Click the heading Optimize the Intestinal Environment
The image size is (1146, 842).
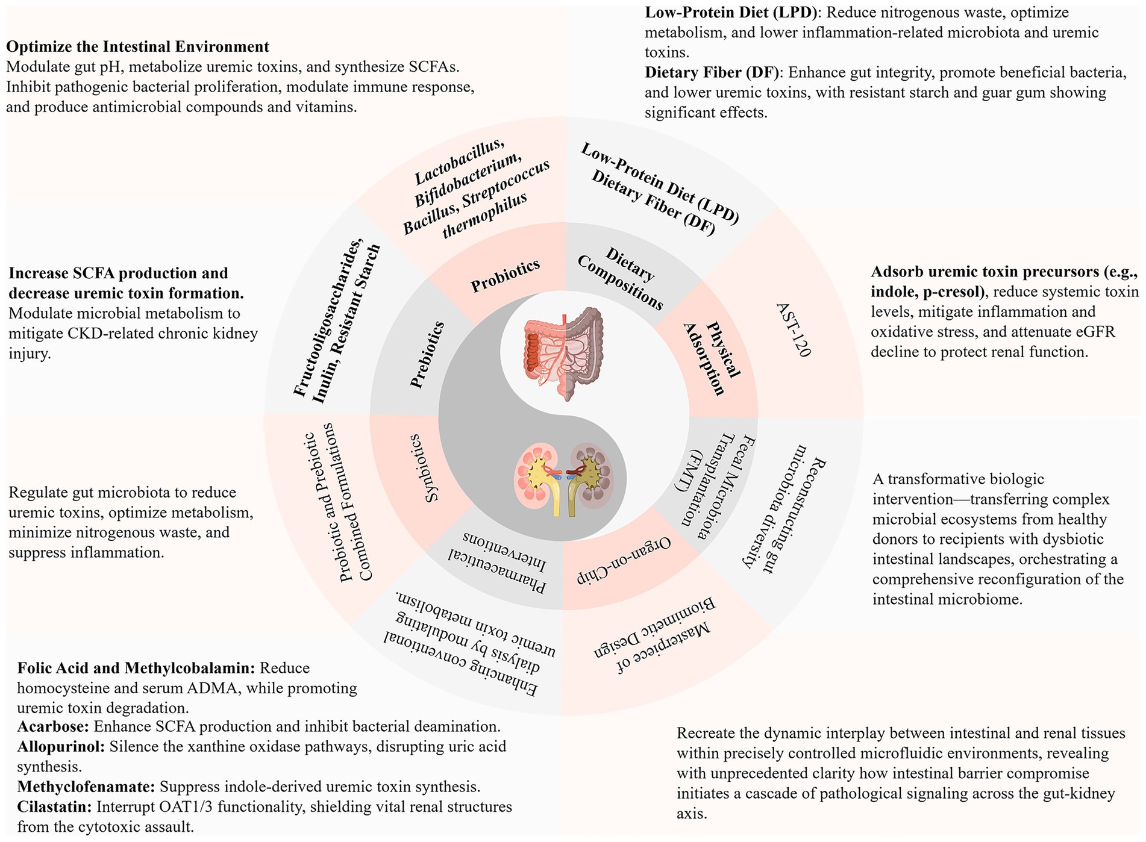(137, 46)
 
